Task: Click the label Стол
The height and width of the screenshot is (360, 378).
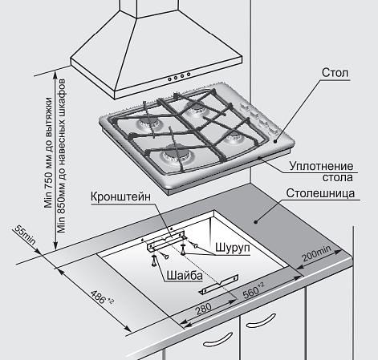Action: point(335,72)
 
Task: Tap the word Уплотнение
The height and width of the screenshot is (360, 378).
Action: point(321,166)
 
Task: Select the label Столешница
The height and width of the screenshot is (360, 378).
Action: point(320,193)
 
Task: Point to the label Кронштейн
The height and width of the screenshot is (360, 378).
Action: point(120,196)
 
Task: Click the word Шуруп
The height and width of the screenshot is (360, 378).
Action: point(233,248)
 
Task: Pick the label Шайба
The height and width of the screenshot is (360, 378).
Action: point(185,276)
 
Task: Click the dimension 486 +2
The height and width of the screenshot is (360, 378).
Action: point(102,297)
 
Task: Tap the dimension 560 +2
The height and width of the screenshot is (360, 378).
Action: point(254,291)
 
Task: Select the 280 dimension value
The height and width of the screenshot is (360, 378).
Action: point(204,309)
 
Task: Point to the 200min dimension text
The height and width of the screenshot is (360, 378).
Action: point(316,253)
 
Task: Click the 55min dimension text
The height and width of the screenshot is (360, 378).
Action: point(25,236)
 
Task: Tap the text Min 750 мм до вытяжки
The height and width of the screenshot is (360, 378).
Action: point(49,152)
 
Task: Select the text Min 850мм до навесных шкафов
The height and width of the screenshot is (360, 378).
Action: point(62,156)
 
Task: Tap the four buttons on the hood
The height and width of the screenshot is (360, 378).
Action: point(179,76)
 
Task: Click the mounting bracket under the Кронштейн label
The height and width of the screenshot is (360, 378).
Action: point(166,240)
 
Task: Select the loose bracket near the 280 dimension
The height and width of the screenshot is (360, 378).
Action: point(219,284)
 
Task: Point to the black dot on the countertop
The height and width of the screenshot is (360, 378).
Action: point(255,221)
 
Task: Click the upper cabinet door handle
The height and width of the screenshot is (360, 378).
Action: point(261,321)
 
